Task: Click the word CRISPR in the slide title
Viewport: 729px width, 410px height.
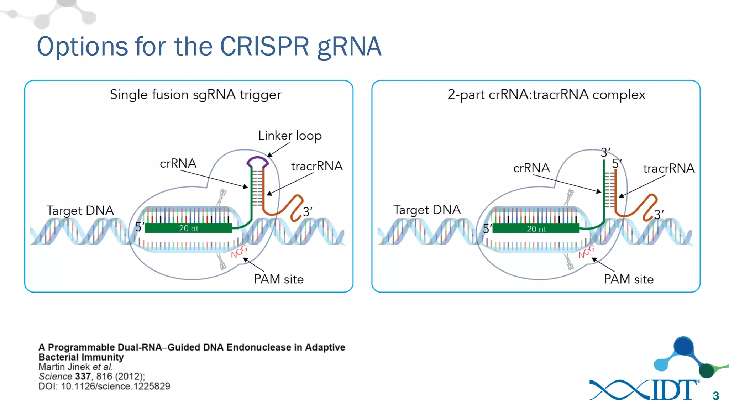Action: point(264,46)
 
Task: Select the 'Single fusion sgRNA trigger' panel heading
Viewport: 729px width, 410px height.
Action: point(195,95)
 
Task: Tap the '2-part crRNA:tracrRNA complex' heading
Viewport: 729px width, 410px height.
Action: point(546,95)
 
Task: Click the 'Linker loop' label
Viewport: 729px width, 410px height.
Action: point(290,136)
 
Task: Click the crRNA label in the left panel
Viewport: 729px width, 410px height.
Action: point(178,163)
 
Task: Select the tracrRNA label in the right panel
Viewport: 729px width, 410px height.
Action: point(668,168)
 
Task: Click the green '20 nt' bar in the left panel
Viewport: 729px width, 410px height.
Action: point(188,228)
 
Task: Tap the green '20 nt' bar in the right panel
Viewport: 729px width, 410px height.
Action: point(536,228)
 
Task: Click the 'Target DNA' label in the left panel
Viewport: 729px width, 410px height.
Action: point(80,210)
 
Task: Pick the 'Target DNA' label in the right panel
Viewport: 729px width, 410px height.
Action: point(427,210)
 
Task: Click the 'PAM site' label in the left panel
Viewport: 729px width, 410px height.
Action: point(279,279)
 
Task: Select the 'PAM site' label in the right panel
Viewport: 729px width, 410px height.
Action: point(629,279)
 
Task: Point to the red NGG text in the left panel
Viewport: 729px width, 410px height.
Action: point(238,252)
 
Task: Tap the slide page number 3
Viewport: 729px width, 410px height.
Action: point(715,396)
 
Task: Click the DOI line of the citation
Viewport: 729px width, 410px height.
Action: point(104,386)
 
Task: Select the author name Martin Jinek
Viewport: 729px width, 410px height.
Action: point(64,367)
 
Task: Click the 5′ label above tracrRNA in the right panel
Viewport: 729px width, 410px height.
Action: point(616,163)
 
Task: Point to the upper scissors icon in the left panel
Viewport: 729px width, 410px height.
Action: point(222,196)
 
